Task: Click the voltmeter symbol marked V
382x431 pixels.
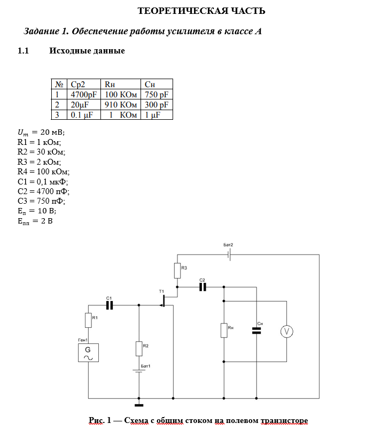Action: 287,332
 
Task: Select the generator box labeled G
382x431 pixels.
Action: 88,353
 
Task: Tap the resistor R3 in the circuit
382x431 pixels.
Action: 177,271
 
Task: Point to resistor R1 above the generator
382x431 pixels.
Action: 88,320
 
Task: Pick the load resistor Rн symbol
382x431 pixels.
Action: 224,330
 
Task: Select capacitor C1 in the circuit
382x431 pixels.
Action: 110,305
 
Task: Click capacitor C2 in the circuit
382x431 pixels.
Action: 202,287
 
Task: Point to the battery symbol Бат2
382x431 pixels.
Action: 229,255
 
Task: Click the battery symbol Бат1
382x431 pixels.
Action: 139,372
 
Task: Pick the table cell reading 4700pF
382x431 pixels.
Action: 84,95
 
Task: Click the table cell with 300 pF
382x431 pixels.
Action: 157,105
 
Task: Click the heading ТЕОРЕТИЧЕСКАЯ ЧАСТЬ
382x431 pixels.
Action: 201,11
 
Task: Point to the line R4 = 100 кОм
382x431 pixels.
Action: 44,172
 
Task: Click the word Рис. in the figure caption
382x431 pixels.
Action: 97,420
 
